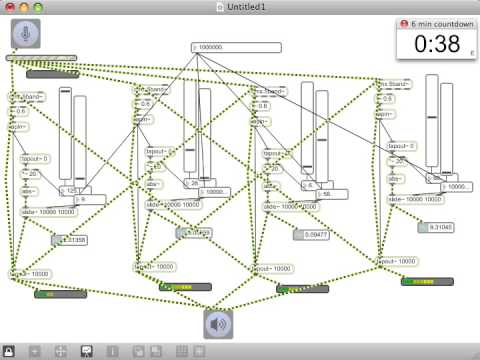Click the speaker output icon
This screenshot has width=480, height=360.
coord(221,325)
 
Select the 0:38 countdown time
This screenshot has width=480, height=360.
coord(432,43)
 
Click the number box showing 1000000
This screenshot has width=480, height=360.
coord(235,47)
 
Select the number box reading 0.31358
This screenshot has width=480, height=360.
coord(70,240)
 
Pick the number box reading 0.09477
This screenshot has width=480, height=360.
coord(311,235)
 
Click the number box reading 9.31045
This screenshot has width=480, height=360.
coord(437,227)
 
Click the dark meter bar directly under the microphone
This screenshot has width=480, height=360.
coord(52,73)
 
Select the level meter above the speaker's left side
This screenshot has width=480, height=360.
coord(184,286)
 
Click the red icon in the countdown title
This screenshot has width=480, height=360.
coord(403,22)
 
